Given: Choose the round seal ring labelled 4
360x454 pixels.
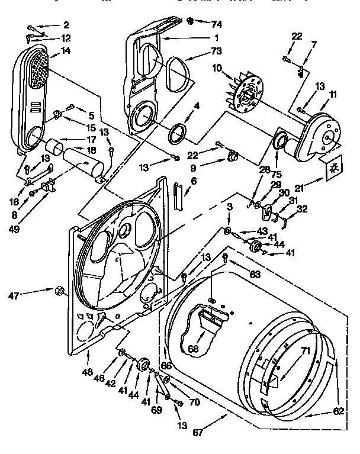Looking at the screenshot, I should pyautogui.click(x=177, y=133).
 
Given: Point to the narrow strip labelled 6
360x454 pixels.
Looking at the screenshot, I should pyautogui.click(x=177, y=192).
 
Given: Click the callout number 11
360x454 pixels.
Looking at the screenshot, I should pyautogui.click(x=333, y=93).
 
